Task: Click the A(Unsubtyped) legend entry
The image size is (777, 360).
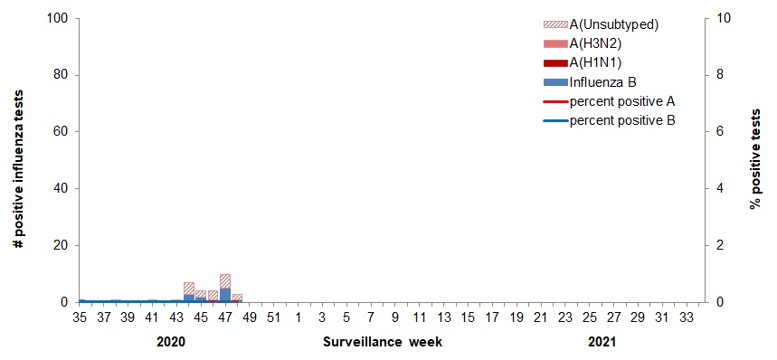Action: (x=613, y=24)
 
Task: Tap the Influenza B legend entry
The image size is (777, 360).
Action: (x=603, y=82)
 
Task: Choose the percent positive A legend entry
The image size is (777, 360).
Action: (x=621, y=101)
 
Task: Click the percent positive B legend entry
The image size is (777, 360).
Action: (x=621, y=120)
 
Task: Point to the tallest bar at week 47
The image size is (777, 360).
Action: (x=225, y=289)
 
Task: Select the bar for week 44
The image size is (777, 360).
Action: (x=189, y=292)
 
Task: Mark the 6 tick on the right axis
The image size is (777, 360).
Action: (x=715, y=132)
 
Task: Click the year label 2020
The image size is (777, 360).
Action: (x=171, y=343)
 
